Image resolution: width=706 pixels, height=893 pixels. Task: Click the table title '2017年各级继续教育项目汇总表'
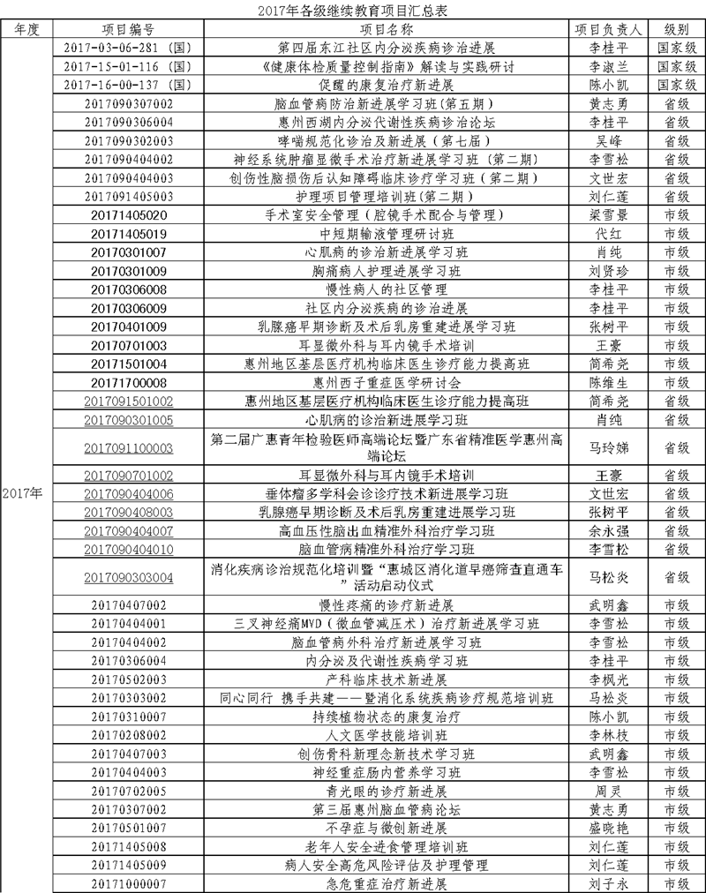tap(353, 11)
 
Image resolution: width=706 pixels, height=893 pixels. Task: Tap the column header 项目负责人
tap(608, 28)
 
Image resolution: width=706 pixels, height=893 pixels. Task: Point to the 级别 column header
tap(678, 28)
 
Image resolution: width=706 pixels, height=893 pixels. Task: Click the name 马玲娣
tap(608, 447)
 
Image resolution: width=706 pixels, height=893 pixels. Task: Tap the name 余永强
tap(608, 531)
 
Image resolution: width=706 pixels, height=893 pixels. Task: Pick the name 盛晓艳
tap(608, 828)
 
